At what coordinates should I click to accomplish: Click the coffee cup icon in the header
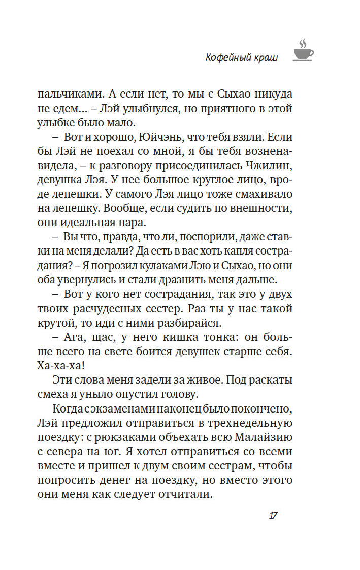tap(303, 50)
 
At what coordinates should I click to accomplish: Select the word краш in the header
tap(265, 58)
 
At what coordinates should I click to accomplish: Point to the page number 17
tap(272, 515)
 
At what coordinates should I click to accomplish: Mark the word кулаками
tap(175, 266)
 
